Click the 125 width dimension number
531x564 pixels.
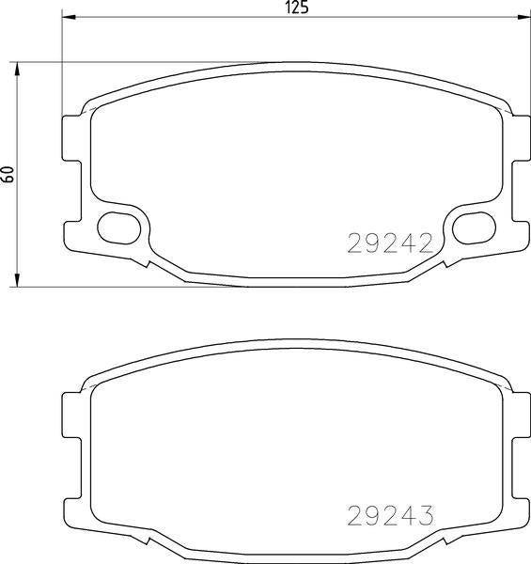[297, 8]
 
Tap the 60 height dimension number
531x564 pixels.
[8, 174]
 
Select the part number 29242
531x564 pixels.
[390, 243]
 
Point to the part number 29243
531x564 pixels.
[390, 516]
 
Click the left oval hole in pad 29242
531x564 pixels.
[118, 225]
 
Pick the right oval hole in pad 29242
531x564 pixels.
[473, 225]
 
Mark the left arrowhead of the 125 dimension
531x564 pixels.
[69, 19]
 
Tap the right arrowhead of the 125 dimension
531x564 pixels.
[523, 19]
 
